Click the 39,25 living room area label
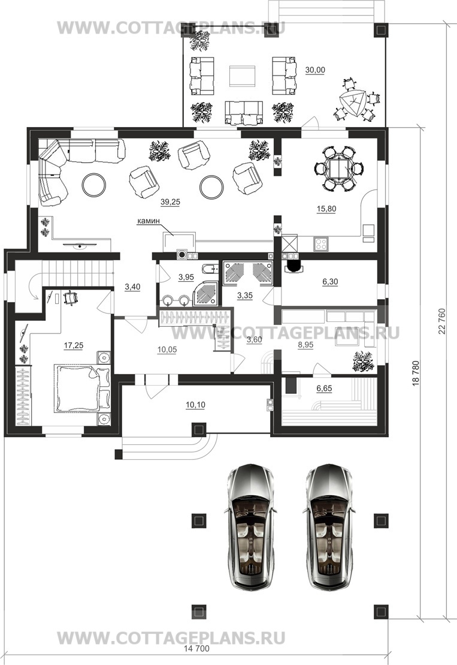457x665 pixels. point(170,202)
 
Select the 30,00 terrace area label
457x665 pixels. point(315,70)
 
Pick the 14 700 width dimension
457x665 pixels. point(197,649)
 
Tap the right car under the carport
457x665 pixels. point(331,526)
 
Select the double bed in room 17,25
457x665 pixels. point(81,387)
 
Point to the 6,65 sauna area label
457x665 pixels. point(324,389)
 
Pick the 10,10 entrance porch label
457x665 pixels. point(195,405)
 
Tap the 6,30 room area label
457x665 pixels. point(330,282)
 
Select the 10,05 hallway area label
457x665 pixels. point(167,350)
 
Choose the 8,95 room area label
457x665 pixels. point(305,345)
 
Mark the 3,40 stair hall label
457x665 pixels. point(132,287)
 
